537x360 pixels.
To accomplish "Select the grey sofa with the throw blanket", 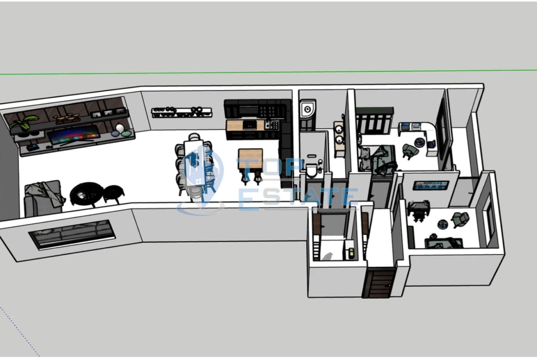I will [43, 197].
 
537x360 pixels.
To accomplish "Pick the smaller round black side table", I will [113, 192].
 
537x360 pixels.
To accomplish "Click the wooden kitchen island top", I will [250, 157].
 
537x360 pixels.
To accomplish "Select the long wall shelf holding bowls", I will [182, 111].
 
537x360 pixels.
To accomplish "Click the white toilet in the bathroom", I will [312, 170].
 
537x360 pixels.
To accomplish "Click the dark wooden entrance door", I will [379, 282].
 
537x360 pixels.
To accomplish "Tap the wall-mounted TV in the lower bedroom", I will [431, 185].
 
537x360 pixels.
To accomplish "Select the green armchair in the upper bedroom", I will [408, 150].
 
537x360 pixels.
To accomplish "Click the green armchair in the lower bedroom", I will [460, 219].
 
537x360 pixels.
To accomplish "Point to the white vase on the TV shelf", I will [120, 128].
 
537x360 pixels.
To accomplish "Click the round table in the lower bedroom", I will [442, 224].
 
